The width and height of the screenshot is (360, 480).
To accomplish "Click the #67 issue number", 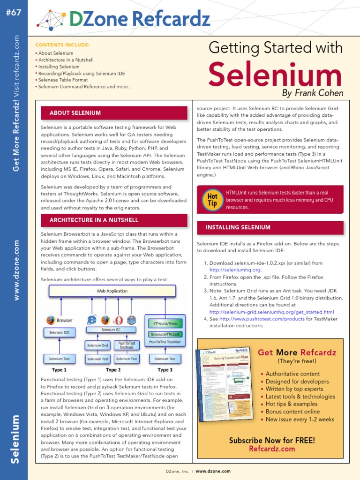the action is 14,13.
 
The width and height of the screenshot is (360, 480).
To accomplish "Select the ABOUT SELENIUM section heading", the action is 75,113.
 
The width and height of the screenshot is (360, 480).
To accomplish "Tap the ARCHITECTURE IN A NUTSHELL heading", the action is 94,220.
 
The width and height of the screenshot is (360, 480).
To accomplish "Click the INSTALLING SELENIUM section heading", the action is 238,227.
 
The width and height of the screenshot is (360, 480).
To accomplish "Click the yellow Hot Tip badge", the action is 212,199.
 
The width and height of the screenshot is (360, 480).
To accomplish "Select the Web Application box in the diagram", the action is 112,291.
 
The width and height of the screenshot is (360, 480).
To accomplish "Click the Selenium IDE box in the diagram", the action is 60,332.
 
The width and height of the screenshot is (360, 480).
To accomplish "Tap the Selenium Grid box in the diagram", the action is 97,345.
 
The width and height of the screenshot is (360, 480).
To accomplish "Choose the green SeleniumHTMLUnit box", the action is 165,334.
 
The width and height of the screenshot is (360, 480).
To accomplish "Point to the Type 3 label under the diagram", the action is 165,370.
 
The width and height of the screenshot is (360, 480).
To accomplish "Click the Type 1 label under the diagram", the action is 59,370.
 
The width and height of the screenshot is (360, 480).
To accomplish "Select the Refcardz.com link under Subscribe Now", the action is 272,449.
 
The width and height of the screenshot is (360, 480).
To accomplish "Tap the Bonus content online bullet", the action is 292,412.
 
